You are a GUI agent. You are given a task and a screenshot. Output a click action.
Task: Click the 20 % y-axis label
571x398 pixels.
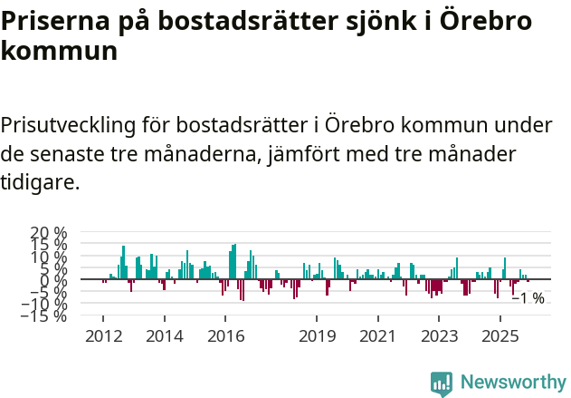(x=48, y=233)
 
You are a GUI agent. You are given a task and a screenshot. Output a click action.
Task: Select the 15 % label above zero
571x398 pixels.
(x=48, y=245)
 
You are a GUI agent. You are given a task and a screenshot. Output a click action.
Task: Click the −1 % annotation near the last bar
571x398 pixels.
(x=528, y=298)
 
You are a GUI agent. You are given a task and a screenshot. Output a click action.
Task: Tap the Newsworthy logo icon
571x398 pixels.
(x=442, y=383)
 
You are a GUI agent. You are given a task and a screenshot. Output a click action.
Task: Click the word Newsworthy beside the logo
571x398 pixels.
(x=512, y=383)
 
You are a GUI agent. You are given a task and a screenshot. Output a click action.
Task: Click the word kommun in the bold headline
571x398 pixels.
(x=59, y=51)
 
